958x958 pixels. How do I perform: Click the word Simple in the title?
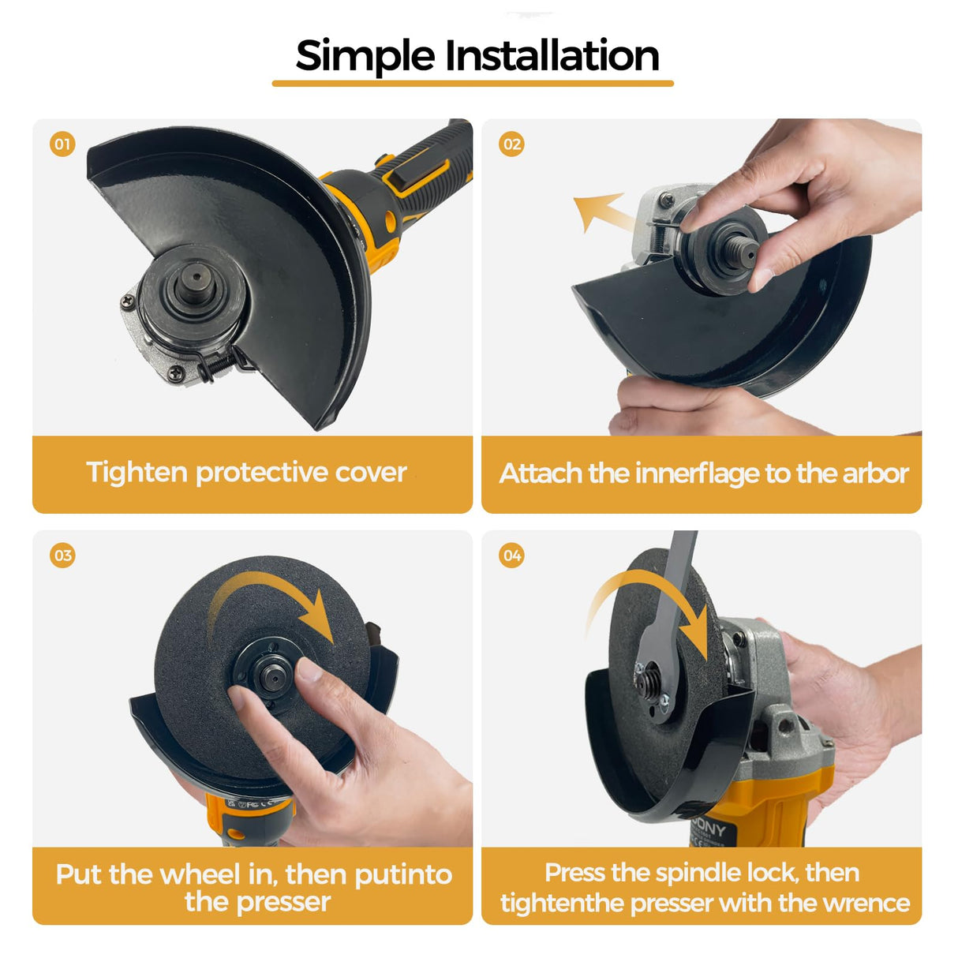[x=365, y=57]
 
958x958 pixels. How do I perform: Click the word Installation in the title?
[x=552, y=57]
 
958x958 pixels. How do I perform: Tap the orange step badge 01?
[x=62, y=144]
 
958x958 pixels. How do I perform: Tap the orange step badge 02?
[x=511, y=144]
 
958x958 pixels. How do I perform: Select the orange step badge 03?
[x=62, y=556]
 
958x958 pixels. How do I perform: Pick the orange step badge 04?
[x=511, y=556]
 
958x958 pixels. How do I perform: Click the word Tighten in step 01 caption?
[x=137, y=473]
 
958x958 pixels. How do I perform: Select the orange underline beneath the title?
[x=473, y=83]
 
